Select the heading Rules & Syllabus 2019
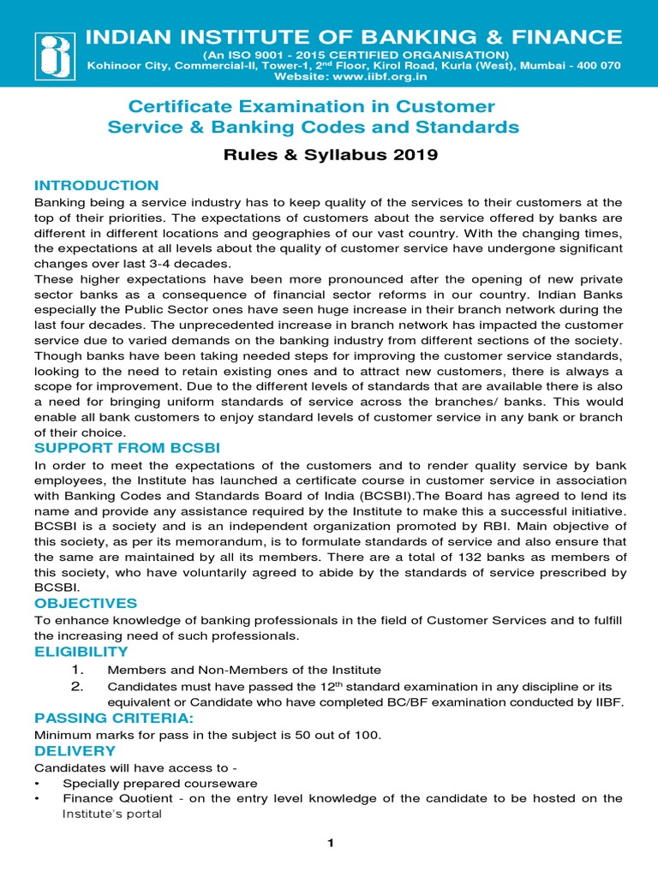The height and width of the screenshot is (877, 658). pyautogui.click(x=330, y=155)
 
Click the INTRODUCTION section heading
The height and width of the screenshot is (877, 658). pyautogui.click(x=96, y=185)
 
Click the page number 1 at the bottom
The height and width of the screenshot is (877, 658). pyautogui.click(x=329, y=844)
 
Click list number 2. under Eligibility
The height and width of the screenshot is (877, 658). pyautogui.click(x=77, y=686)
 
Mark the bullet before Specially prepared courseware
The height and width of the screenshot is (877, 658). pyautogui.click(x=38, y=784)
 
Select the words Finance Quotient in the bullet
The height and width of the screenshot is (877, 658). pyautogui.click(x=112, y=798)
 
